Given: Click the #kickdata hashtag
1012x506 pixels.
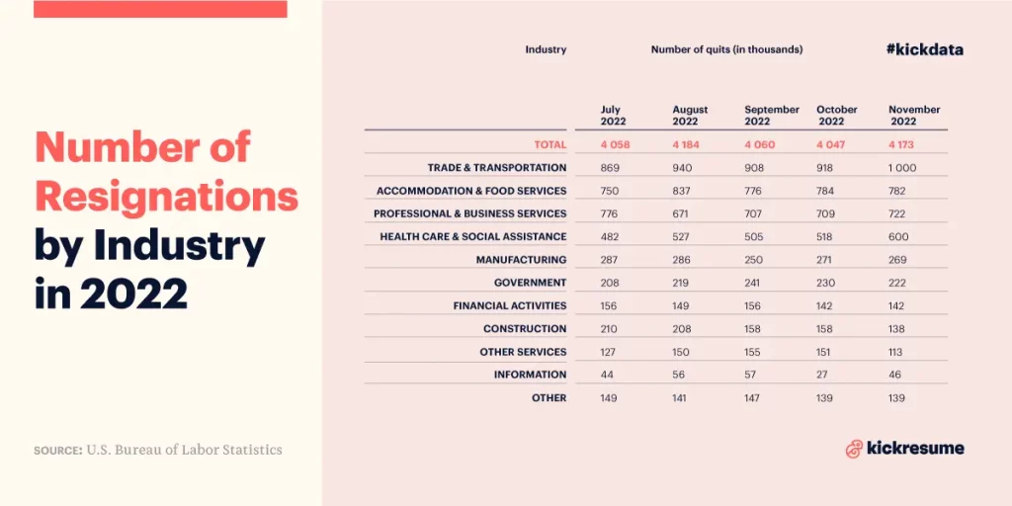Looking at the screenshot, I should click(x=924, y=49).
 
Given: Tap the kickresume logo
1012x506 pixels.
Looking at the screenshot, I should click(x=904, y=449).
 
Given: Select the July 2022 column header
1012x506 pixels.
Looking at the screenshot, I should click(x=614, y=116).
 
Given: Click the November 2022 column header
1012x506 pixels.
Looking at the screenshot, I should click(x=914, y=116).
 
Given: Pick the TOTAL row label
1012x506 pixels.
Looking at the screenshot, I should click(x=549, y=145).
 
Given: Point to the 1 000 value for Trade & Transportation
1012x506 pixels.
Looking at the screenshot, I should click(x=902, y=168).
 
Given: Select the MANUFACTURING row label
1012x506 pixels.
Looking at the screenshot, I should click(x=521, y=260).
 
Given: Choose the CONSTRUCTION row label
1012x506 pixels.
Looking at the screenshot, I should click(x=525, y=328).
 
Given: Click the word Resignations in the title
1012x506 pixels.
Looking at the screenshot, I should click(x=166, y=196).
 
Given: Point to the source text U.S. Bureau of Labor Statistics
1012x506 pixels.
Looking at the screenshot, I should click(x=184, y=450).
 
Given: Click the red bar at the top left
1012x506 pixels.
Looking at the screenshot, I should click(x=160, y=9).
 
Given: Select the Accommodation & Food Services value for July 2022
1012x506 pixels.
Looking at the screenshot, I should click(x=610, y=191).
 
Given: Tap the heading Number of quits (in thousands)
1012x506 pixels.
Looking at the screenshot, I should click(x=726, y=49).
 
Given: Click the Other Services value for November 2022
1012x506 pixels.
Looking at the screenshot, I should click(x=896, y=352).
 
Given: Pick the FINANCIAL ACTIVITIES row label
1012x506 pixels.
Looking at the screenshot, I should click(x=510, y=306).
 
